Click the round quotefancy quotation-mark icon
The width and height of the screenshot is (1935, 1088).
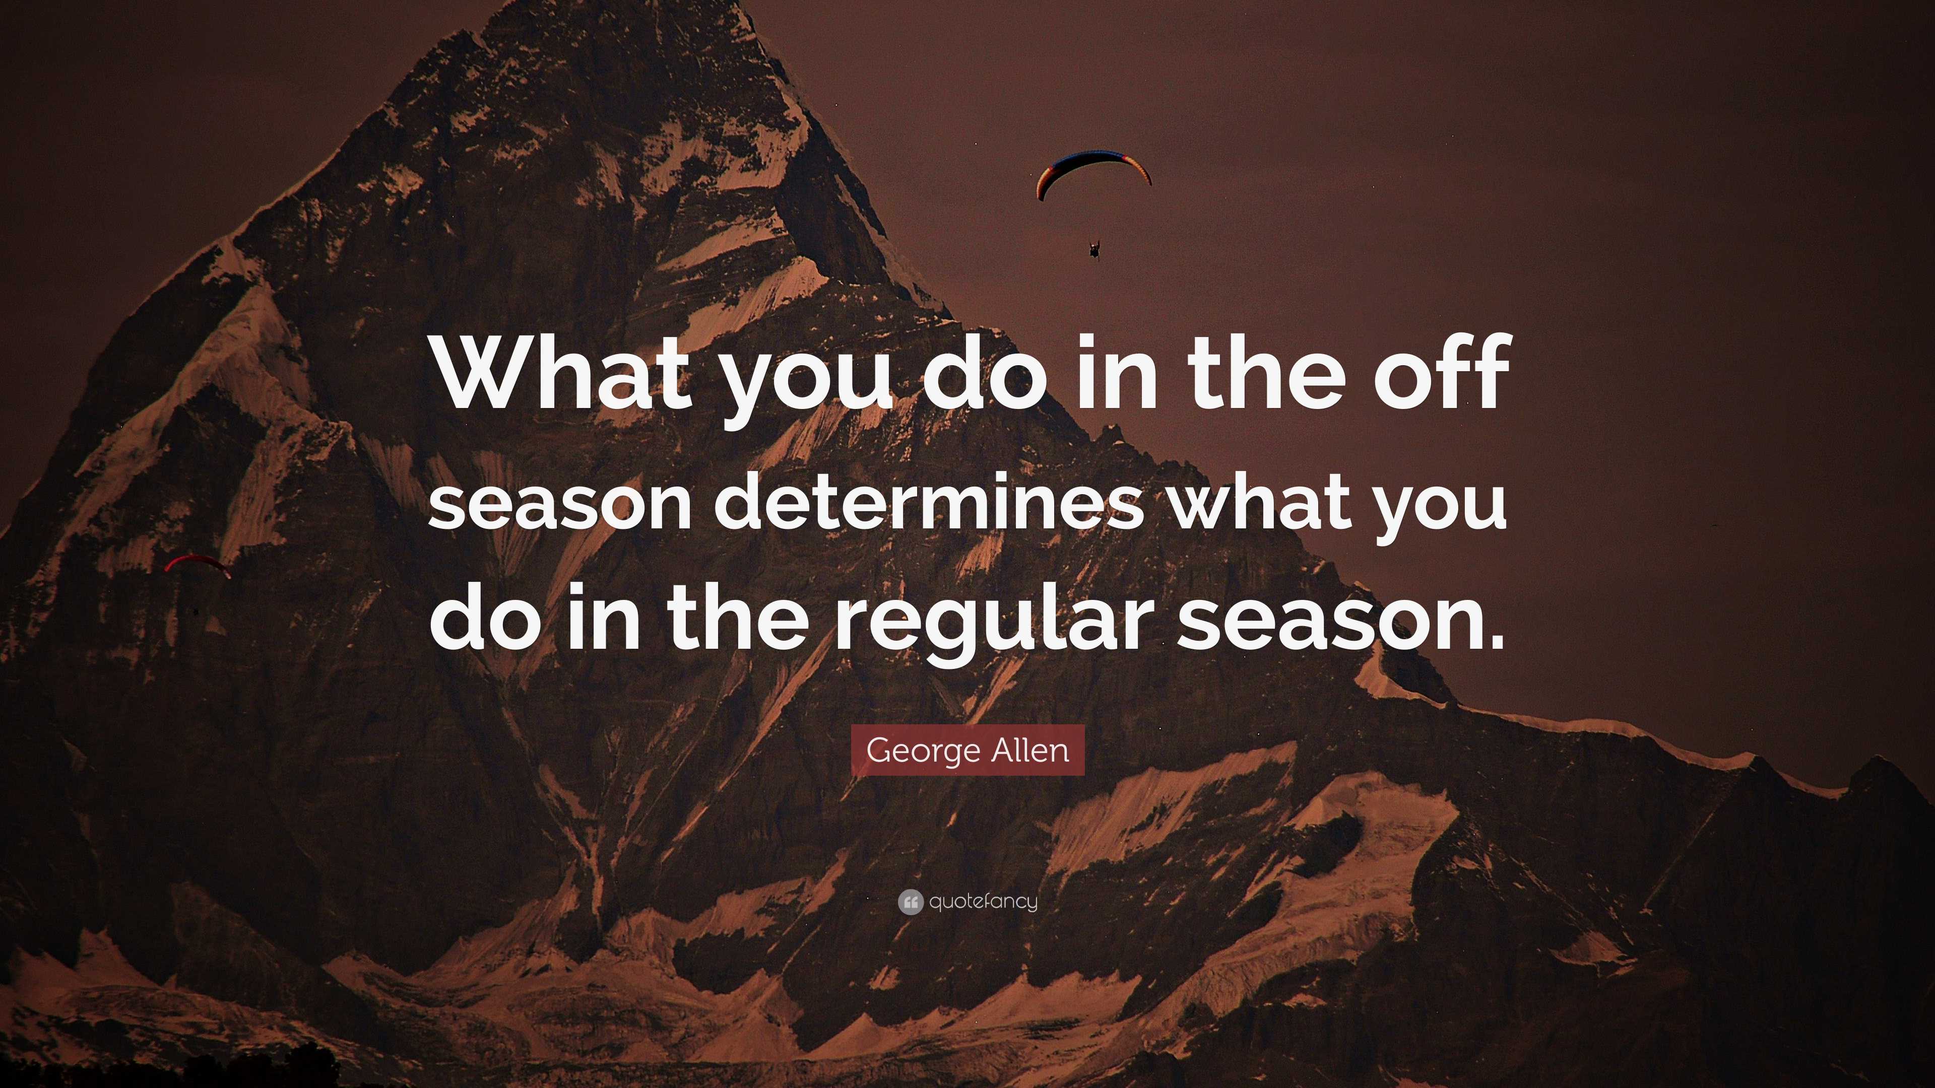point(910,902)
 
